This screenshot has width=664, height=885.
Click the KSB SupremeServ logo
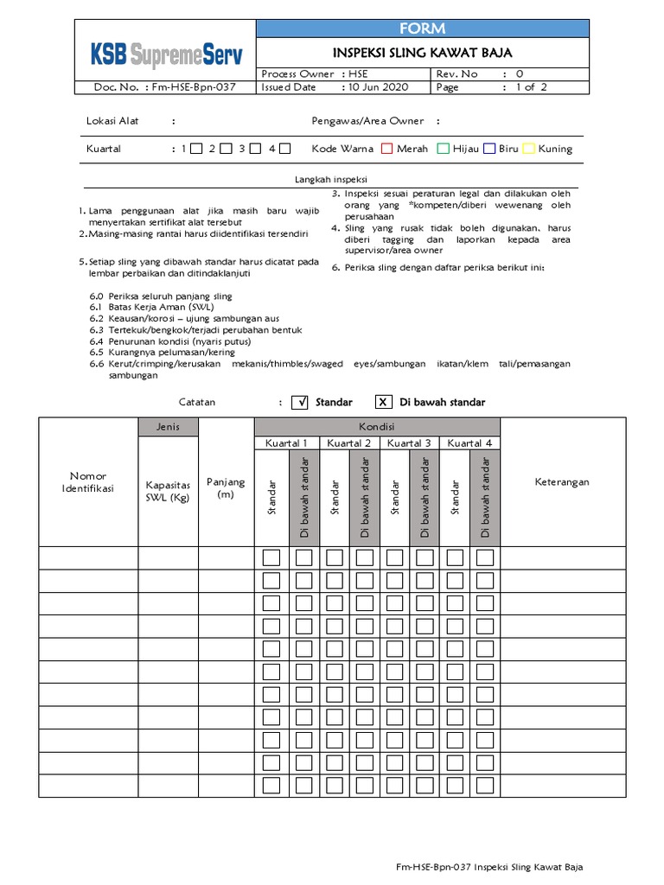(x=167, y=55)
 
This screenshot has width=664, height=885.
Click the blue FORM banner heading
(x=423, y=29)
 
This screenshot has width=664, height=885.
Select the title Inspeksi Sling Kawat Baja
(x=423, y=53)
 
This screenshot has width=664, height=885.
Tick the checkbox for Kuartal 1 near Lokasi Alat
(x=196, y=149)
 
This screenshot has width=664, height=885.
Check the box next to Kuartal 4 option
(x=284, y=149)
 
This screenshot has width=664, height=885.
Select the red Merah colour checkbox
(x=387, y=149)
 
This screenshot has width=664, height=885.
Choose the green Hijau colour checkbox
(x=444, y=149)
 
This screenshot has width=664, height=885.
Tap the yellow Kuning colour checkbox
(x=529, y=149)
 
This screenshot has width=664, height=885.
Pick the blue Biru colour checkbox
(x=489, y=149)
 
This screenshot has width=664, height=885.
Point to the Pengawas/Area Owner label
(x=367, y=122)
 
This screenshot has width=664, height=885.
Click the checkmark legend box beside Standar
(x=300, y=402)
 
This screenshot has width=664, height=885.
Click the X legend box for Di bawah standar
(x=384, y=402)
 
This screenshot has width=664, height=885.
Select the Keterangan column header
(x=561, y=482)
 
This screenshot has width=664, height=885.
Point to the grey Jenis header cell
(x=168, y=427)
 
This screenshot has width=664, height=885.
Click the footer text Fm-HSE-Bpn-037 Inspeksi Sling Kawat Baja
(x=495, y=867)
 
